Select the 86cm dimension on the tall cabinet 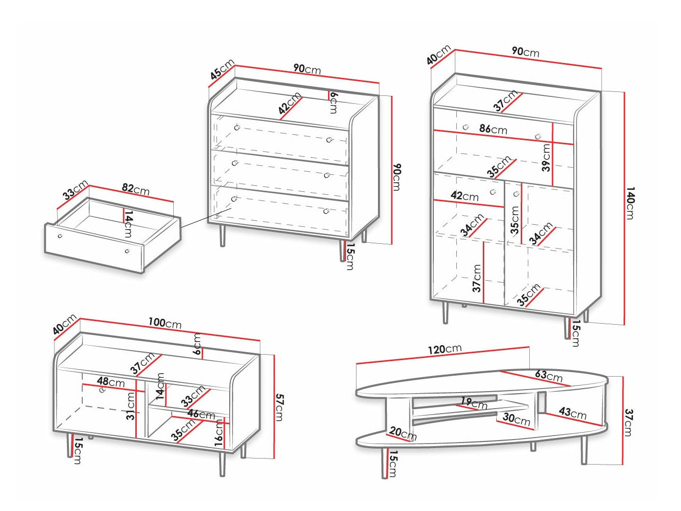tap(493, 129)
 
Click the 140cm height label tap(630, 203)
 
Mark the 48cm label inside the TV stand tap(111, 382)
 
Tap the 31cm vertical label tap(130, 406)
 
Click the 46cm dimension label tap(201, 414)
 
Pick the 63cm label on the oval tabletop tap(549, 376)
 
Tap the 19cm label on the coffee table tap(473, 402)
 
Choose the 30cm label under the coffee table tap(516, 420)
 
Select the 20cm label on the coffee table tap(402, 434)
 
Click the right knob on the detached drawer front tap(127, 251)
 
